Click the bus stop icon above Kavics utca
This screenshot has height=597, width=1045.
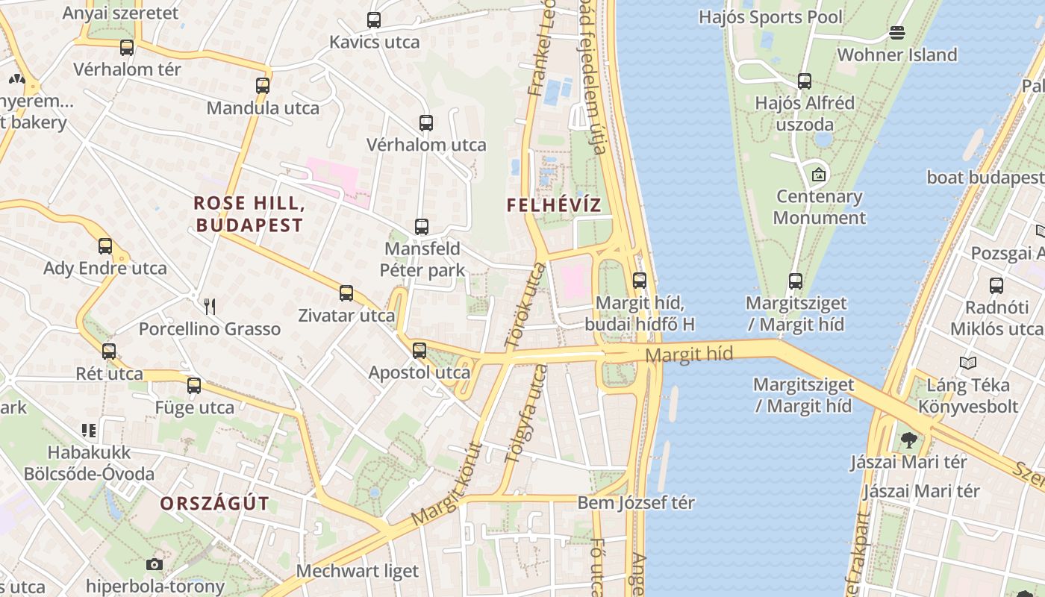click(374, 20)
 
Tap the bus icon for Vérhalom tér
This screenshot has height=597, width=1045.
click(127, 48)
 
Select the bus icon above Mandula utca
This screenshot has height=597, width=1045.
click(262, 86)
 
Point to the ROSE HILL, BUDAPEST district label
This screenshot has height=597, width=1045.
click(249, 213)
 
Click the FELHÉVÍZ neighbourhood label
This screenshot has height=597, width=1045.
click(553, 205)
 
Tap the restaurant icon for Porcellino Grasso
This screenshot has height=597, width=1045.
click(210, 306)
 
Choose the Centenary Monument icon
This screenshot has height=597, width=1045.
click(819, 175)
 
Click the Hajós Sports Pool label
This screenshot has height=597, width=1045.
click(770, 17)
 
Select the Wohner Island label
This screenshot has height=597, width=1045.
click(896, 54)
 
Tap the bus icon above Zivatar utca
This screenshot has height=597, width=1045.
click(346, 293)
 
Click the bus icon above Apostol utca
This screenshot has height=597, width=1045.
click(419, 350)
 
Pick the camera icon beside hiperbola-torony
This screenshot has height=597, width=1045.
click(155, 564)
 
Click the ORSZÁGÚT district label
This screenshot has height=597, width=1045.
click(214, 503)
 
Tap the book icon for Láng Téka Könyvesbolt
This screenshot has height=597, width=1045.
click(968, 363)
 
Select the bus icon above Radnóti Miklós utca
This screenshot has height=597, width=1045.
click(996, 285)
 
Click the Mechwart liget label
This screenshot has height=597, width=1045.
click(358, 572)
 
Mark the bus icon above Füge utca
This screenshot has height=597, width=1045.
click(194, 386)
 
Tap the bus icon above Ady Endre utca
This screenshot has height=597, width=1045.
click(105, 246)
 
